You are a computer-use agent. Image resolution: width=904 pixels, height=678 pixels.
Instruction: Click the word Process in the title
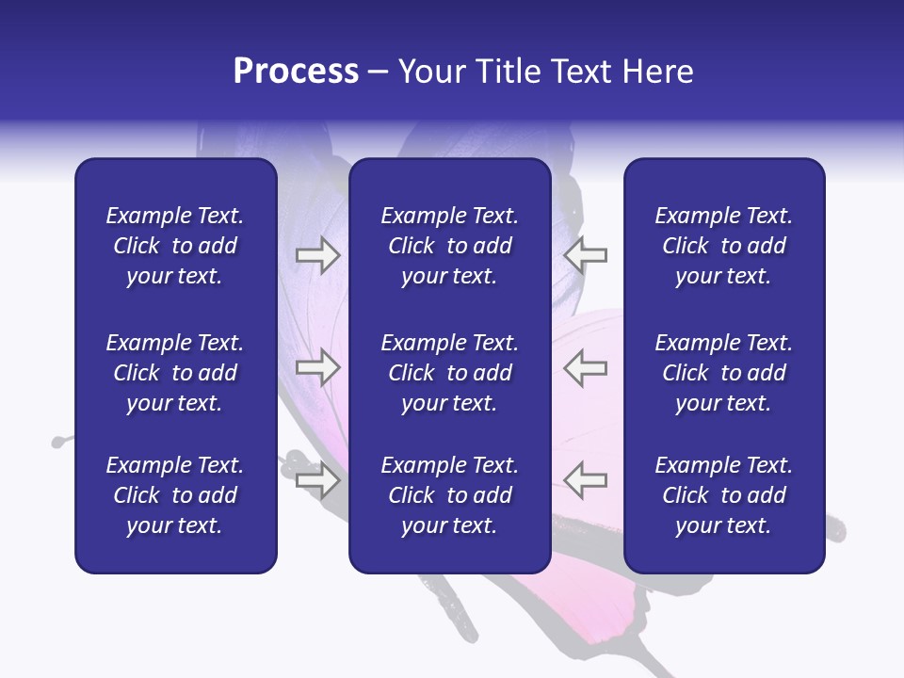296,72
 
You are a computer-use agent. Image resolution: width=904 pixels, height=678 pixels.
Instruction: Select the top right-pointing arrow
317,255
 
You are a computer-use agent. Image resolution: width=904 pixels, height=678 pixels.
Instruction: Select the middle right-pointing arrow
317,367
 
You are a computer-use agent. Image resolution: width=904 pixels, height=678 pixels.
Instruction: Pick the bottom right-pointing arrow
317,480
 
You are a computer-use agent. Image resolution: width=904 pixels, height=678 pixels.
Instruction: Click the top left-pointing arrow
585,255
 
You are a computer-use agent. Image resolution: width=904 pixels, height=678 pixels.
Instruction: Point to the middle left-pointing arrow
585,367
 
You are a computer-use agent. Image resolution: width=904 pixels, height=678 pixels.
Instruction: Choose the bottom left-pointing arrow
585,479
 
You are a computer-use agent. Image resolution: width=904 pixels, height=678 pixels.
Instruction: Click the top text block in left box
175,246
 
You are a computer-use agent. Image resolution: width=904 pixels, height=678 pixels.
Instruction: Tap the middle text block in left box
175,373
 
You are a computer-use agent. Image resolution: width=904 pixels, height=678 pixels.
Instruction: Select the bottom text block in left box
175,495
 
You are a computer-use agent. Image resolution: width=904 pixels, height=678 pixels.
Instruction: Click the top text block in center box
449,246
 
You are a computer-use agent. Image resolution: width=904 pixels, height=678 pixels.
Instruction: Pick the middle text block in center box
449,373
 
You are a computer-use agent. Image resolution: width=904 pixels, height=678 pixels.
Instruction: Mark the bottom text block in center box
449,495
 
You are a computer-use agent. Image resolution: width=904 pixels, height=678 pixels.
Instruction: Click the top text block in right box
723,246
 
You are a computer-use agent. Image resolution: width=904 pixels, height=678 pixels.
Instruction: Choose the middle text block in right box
723,373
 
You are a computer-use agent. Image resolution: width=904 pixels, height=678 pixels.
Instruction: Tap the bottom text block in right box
723,495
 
